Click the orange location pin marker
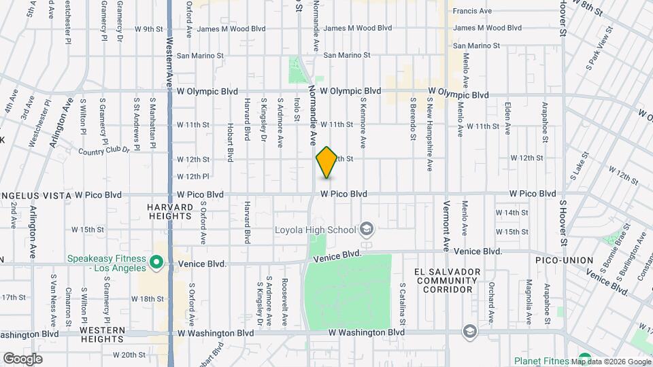click(327, 162)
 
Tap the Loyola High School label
click(316, 229)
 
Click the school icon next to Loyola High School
click(367, 228)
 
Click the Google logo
click(22, 359)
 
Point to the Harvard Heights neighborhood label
click(170, 211)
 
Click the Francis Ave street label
click(472, 11)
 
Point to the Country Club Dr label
click(103, 151)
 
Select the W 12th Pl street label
click(192, 177)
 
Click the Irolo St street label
click(297, 109)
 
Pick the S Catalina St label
click(403, 303)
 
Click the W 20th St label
click(129, 355)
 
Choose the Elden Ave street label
click(507, 118)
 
